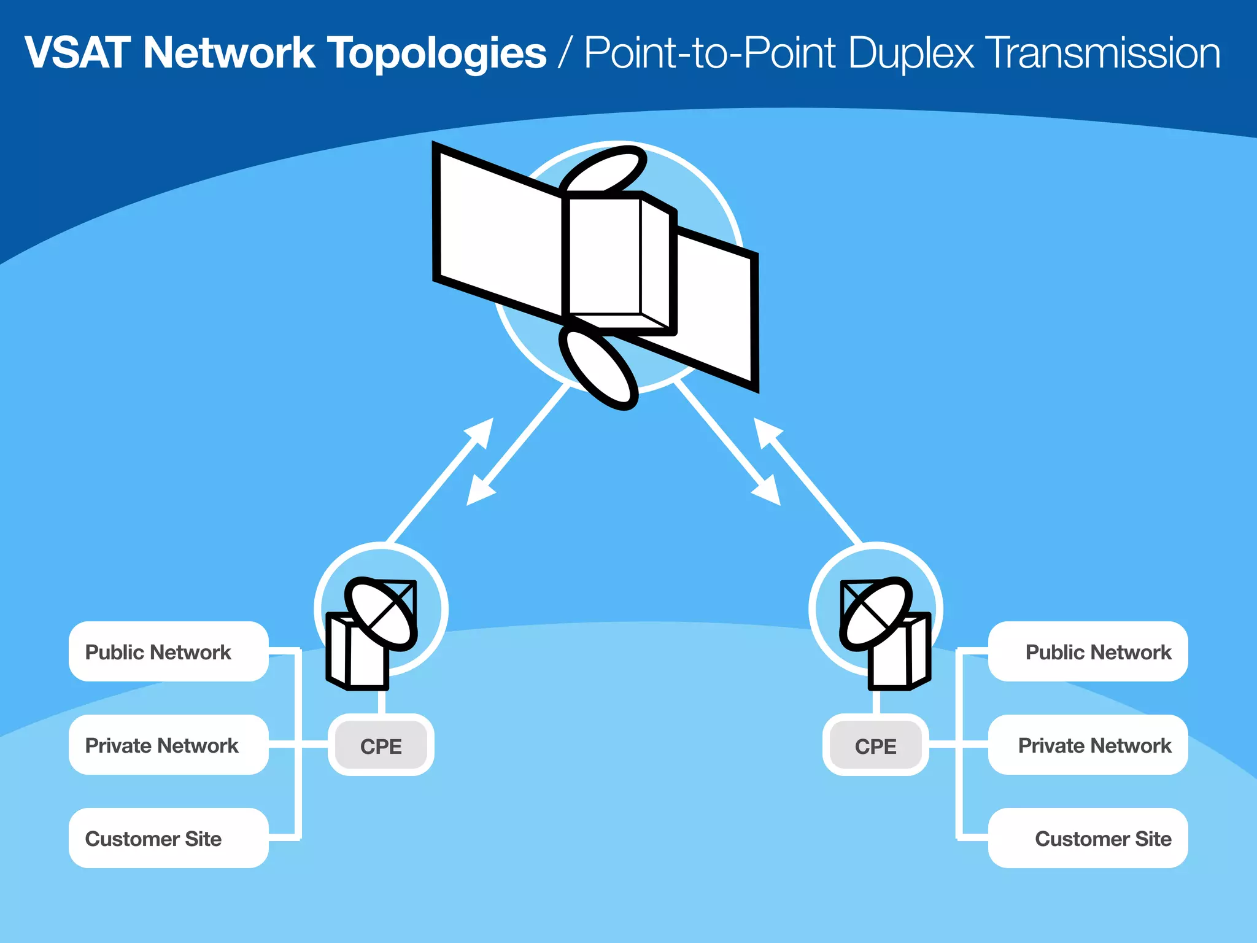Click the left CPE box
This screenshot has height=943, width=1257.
pyautogui.click(x=381, y=745)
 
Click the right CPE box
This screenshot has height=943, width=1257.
pyautogui.click(x=875, y=745)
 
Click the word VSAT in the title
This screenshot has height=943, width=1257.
pyautogui.click(x=77, y=53)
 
